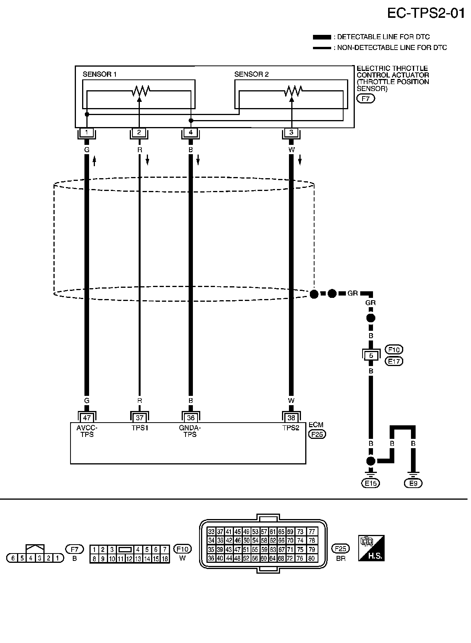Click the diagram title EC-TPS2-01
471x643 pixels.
pos(426,14)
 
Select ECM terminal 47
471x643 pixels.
pos(87,418)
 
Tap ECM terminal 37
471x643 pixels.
pos(139,418)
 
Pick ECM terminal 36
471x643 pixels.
pos(191,418)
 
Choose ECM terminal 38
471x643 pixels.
pos(291,418)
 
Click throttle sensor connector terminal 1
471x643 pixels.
pos(87,132)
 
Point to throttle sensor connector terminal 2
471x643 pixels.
pos(139,132)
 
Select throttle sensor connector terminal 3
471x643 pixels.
pos(291,132)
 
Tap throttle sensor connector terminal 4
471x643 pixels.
pos(191,132)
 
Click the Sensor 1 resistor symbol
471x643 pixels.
pos(140,91)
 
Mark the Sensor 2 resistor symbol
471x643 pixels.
pos(292,91)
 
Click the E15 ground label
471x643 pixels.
pos(371,483)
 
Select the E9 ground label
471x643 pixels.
pos(413,483)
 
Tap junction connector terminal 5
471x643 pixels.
pos(371,355)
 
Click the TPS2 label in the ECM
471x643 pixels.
pos(291,428)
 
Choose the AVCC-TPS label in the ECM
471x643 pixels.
pos(87,431)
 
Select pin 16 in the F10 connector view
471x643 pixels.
pos(165,559)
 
